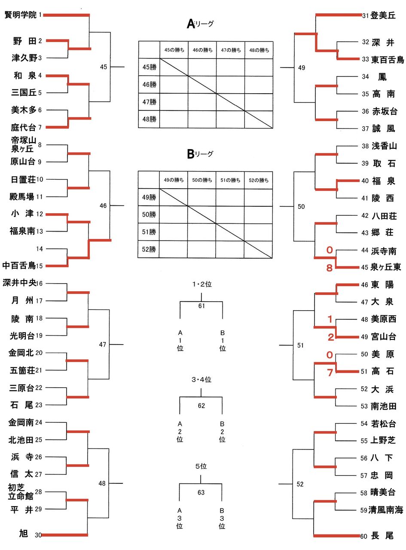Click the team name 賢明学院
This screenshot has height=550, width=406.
(20, 15)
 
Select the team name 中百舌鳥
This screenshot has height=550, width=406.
(18, 266)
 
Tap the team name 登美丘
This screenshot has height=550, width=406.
(383, 16)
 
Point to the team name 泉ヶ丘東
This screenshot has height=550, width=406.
(385, 267)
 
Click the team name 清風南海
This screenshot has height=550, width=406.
(386, 510)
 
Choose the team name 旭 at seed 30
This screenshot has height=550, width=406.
(24, 534)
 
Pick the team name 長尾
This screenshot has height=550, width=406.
(382, 535)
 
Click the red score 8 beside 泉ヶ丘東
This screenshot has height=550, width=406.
(329, 268)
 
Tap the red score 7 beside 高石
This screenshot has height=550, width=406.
(330, 373)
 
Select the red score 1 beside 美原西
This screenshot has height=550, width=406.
(330, 319)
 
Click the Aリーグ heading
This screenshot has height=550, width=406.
(200, 24)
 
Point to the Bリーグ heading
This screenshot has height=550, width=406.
(200, 154)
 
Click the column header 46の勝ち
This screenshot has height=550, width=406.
(202, 50)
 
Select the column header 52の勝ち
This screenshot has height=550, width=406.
(259, 180)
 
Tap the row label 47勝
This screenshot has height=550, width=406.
(149, 102)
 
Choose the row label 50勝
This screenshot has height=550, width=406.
(149, 214)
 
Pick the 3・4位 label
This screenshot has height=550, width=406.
(201, 379)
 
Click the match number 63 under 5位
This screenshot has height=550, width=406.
(201, 492)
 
